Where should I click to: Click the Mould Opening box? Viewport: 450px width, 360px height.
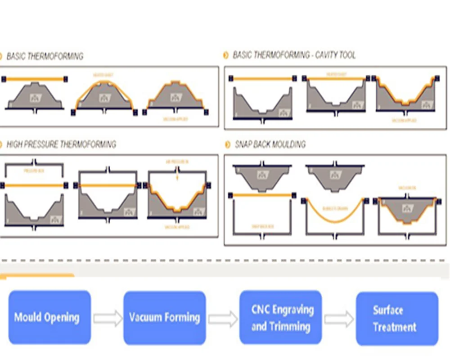click(x=49, y=317)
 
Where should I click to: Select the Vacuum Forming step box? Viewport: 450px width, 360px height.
click(x=164, y=317)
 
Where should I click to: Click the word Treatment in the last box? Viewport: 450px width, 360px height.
click(x=394, y=327)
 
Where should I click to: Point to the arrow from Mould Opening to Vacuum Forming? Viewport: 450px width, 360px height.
click(x=108, y=318)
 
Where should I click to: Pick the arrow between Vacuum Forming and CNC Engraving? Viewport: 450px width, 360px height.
click(x=223, y=319)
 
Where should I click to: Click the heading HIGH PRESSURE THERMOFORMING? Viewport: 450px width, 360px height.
click(x=61, y=144)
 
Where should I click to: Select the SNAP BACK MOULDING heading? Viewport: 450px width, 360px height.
click(x=270, y=144)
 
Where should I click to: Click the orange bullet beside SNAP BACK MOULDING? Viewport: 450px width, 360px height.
click(x=226, y=145)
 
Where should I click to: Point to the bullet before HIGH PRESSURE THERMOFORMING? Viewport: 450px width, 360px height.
click(x=1, y=144)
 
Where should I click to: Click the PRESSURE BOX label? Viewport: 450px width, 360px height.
click(x=34, y=171)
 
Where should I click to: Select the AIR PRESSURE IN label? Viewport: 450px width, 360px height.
click(x=177, y=161)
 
